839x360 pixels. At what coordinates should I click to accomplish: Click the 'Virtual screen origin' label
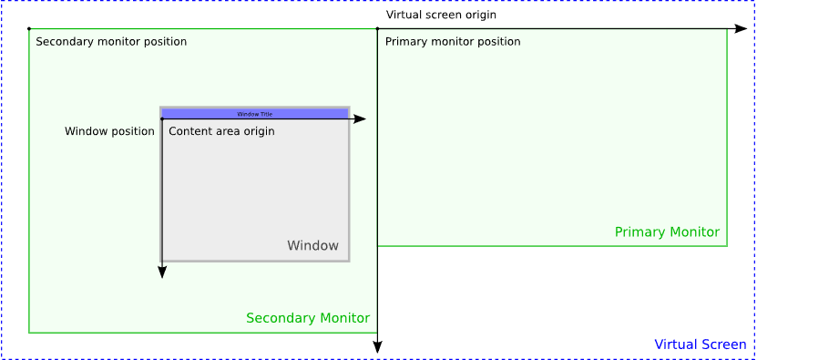click(441, 15)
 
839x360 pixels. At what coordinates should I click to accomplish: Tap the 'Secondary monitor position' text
click(111, 42)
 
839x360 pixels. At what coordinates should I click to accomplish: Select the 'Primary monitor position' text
click(453, 42)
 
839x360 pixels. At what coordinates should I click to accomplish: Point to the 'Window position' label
click(109, 131)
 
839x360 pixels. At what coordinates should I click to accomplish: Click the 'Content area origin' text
click(221, 131)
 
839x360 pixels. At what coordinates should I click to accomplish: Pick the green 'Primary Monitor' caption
click(667, 232)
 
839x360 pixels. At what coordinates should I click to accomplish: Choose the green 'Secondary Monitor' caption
click(308, 318)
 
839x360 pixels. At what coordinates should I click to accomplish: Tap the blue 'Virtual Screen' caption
click(701, 345)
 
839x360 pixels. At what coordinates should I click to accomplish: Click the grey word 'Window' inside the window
click(312, 246)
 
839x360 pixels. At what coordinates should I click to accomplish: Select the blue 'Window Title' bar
click(255, 114)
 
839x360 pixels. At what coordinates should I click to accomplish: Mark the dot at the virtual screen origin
click(377, 29)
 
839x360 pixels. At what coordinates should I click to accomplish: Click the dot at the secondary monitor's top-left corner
click(29, 29)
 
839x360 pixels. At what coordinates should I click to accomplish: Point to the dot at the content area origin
click(162, 119)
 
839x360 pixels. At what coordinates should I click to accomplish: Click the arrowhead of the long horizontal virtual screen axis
click(741, 29)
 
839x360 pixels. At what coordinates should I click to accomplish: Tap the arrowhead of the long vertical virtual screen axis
click(377, 347)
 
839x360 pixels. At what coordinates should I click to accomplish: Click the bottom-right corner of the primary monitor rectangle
click(727, 246)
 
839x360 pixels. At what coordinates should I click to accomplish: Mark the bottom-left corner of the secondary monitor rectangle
click(29, 333)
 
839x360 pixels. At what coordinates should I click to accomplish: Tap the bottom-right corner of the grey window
click(349, 262)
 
